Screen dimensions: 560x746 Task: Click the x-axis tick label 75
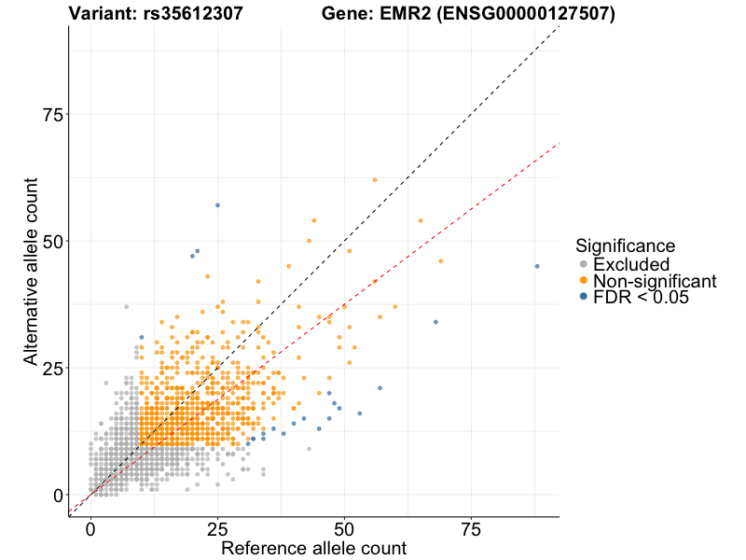point(472,528)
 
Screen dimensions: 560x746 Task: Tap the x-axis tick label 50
point(345,528)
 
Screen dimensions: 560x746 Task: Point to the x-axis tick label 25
point(217,528)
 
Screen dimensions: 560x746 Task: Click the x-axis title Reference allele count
point(313,548)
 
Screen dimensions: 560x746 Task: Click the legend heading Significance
point(625,246)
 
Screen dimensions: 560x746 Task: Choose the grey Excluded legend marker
point(584,265)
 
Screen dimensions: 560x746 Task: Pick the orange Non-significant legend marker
point(584,281)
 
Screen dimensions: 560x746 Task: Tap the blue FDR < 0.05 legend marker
point(584,297)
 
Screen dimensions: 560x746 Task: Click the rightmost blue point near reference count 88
point(537,266)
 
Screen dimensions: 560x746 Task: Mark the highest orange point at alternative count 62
point(375,179)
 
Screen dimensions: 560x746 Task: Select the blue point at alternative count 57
point(217,205)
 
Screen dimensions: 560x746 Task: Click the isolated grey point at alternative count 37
point(126,306)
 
